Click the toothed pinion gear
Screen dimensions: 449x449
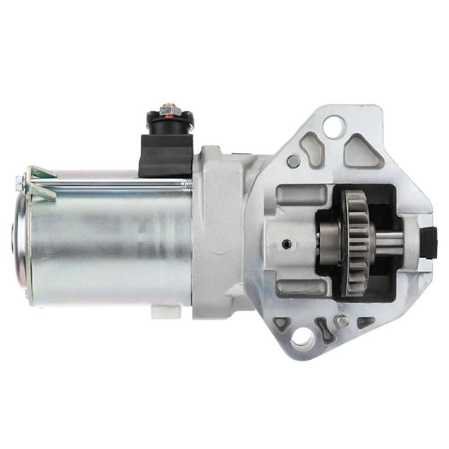[x=357, y=242]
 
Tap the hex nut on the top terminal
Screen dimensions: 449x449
[x=170, y=109]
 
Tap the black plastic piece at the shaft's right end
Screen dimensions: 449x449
[x=429, y=242]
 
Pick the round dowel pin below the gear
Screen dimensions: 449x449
[x=342, y=321]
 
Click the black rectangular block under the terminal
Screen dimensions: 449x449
[x=167, y=155]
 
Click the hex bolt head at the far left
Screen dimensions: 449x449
[x=19, y=182]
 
